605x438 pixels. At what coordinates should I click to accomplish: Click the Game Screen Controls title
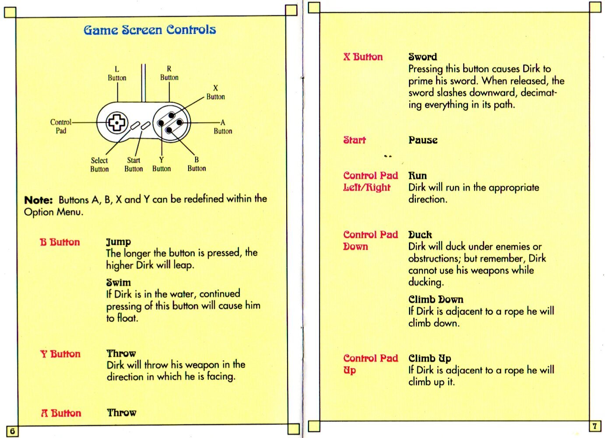click(x=150, y=30)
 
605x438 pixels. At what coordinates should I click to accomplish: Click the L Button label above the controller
click(x=117, y=74)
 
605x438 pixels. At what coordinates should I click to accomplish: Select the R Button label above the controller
click(x=169, y=73)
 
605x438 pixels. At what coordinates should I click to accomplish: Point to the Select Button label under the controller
click(x=99, y=165)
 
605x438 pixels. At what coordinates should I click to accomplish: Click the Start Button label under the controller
click(x=134, y=165)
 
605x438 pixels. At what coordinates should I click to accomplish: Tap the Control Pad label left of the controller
click(x=60, y=127)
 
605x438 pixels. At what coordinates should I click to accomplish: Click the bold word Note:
click(x=39, y=200)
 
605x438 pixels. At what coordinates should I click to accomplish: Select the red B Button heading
click(x=60, y=242)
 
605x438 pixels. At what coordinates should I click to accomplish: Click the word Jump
click(x=119, y=242)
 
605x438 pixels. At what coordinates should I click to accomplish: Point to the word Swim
click(x=119, y=283)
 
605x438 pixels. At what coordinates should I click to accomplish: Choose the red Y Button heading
click(x=60, y=354)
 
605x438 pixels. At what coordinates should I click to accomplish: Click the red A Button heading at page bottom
click(x=61, y=413)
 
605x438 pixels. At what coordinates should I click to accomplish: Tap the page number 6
click(x=12, y=431)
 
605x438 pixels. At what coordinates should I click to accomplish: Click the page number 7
click(x=594, y=426)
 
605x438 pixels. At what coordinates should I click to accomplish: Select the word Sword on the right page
click(x=422, y=57)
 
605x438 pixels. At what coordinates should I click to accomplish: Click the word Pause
click(x=423, y=140)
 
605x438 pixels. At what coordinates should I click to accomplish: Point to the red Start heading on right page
click(x=355, y=140)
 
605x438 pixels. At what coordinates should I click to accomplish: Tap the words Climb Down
click(x=436, y=300)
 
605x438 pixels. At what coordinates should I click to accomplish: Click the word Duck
click(x=420, y=235)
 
